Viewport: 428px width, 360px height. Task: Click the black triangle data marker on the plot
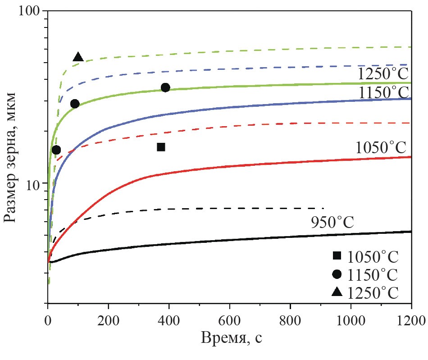point(78,57)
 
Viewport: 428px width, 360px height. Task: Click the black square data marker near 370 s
point(161,147)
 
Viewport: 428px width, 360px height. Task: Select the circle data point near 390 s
point(165,87)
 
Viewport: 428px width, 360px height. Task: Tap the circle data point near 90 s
point(75,104)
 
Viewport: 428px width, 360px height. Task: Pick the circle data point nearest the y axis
point(56,150)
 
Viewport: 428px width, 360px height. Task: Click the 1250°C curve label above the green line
point(383,73)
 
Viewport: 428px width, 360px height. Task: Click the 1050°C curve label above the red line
point(381,147)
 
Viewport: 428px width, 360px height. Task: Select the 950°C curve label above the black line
point(332,223)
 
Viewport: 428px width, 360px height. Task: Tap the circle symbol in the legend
point(337,274)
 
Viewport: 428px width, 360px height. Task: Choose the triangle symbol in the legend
point(337,292)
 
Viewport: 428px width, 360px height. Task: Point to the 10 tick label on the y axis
point(34,184)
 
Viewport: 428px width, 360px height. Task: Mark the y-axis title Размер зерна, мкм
point(12,158)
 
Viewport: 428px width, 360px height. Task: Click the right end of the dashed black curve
point(323,208)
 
